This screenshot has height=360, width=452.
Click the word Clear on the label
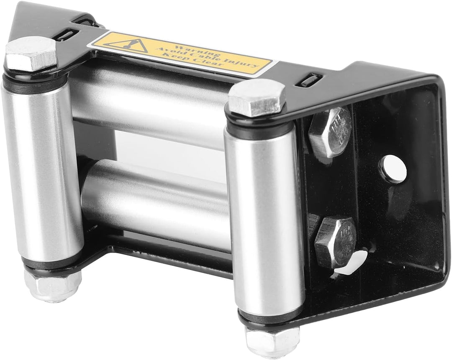(219, 66)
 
